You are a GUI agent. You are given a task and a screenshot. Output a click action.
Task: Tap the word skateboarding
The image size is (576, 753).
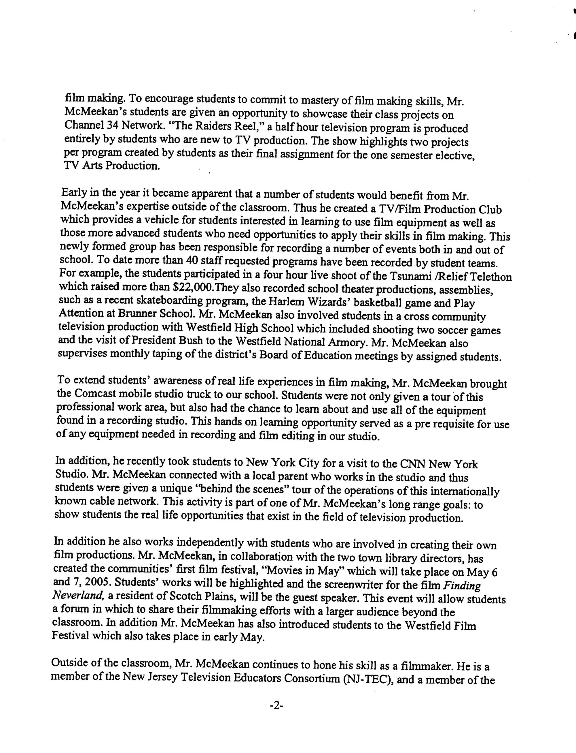pyautogui.click(x=153, y=301)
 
